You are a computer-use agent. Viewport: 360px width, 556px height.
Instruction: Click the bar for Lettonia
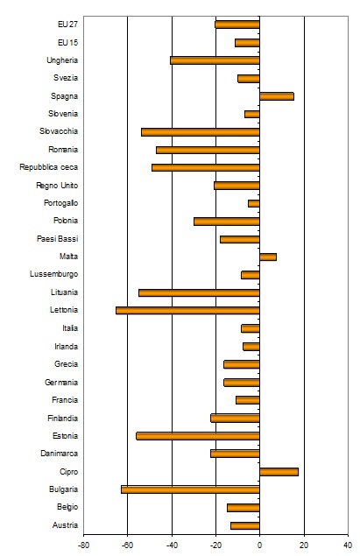pos(187,311)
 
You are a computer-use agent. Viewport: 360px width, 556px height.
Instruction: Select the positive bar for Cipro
pos(279,472)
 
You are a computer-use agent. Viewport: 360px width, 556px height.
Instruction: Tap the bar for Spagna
pos(277,96)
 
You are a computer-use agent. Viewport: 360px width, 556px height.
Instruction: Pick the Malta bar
pos(268,257)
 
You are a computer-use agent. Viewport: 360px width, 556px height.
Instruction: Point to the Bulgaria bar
pos(190,489)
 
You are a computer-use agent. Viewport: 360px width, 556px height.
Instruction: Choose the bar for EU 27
pos(237,25)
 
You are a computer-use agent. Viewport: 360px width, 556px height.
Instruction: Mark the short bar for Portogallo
pos(254,203)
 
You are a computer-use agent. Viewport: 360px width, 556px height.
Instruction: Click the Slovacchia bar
pos(201,132)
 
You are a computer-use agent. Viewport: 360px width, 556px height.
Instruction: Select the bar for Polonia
pos(227,222)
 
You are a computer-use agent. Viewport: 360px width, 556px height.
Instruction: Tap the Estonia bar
pos(198,436)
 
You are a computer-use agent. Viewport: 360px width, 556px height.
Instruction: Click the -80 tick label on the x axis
pos(83,545)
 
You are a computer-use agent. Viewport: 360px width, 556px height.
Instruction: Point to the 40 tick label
pos(348,545)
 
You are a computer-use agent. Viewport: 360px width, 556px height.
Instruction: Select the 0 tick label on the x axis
pos(259,545)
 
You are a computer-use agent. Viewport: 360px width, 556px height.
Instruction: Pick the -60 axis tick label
pos(127,545)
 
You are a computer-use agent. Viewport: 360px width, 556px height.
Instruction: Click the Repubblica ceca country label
pos(48,167)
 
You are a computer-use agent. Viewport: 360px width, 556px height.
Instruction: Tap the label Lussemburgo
pos(54,274)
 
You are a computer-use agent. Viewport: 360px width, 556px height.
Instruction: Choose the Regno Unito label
pos(57,186)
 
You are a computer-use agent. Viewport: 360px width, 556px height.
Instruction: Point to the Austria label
pos(65,525)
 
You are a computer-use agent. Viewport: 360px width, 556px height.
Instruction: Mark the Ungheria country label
pos(62,60)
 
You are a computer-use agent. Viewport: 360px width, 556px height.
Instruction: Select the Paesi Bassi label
pos(57,239)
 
